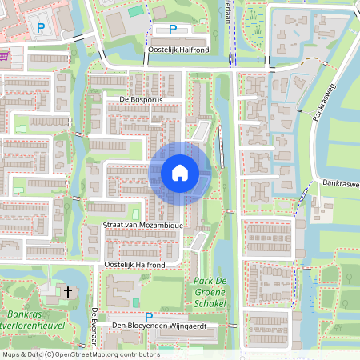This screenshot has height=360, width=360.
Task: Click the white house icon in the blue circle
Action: (180, 173)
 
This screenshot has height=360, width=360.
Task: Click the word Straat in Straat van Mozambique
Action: (116, 226)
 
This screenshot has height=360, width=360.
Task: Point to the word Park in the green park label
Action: (201, 281)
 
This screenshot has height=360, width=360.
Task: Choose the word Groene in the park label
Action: (210, 293)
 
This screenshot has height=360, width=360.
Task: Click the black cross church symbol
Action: (68, 292)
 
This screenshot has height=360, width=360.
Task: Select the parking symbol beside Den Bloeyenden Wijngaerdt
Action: (148, 317)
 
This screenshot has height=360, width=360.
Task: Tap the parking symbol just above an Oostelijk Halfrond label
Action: (173, 30)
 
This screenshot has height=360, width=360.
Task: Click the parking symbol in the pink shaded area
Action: (40, 28)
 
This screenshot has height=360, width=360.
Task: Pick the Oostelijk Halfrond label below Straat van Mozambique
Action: (134, 264)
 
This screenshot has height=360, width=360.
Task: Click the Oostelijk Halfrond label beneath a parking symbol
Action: (178, 49)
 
